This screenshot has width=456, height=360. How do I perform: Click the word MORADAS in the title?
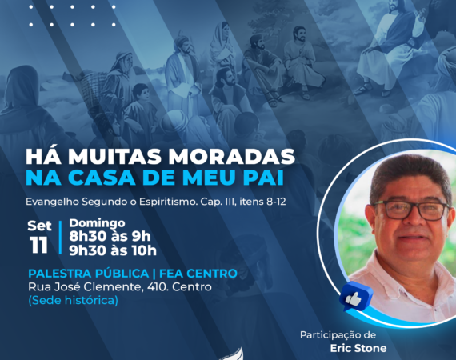click(x=232, y=157)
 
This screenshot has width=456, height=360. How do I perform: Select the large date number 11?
click(x=38, y=245)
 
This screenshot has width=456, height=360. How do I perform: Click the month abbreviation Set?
click(x=39, y=226)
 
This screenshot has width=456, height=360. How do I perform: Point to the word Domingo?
click(x=97, y=223)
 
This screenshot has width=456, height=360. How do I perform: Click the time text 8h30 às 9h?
click(x=110, y=237)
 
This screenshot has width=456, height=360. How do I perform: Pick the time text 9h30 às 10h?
click(x=113, y=250)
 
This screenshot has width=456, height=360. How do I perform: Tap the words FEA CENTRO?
click(x=198, y=274)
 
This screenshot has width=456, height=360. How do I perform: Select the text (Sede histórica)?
click(x=73, y=300)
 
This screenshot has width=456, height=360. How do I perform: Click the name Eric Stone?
click(x=358, y=348)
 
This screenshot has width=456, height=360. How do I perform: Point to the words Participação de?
click(x=338, y=335)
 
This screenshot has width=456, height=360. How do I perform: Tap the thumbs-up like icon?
click(x=355, y=297)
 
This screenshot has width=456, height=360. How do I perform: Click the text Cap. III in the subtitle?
click(x=218, y=202)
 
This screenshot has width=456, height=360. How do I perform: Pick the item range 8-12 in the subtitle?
click(x=276, y=202)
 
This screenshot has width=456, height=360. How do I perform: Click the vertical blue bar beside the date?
click(x=61, y=238)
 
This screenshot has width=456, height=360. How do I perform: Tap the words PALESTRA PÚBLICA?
click(x=89, y=274)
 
